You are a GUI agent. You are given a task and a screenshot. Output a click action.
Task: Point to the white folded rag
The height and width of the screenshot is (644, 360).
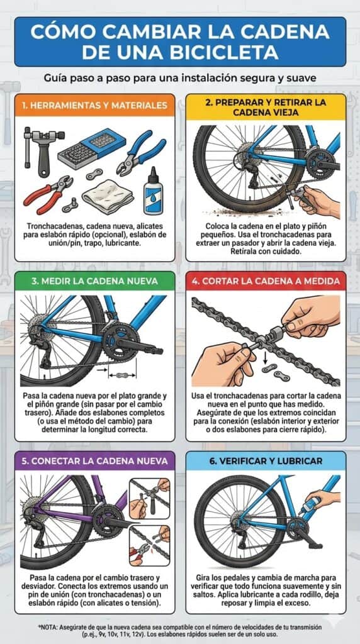[x=107, y=196]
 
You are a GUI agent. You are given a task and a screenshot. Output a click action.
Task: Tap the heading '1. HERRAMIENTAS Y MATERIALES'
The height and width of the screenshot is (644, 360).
[x=95, y=105]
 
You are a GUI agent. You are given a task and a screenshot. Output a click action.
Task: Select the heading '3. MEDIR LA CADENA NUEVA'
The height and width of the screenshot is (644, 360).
[x=94, y=281]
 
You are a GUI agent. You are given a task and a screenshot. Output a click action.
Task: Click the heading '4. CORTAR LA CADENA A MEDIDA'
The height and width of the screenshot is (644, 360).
[x=266, y=281]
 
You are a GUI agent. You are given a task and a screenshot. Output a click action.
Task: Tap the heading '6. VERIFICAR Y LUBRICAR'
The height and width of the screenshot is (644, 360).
[x=266, y=461]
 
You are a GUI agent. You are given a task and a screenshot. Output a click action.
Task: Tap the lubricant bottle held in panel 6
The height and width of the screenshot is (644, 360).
[x=310, y=505]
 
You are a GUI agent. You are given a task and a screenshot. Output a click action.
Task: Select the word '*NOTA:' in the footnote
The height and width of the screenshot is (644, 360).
[x=48, y=627]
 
